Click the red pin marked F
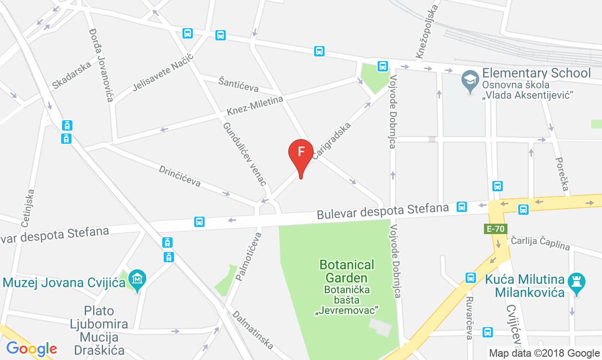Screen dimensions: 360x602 301,153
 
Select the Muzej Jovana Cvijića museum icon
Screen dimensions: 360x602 137,279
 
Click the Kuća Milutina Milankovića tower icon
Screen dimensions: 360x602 574,282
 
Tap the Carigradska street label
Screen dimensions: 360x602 332,141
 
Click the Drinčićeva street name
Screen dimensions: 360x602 180,176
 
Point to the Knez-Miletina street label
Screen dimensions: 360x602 255,106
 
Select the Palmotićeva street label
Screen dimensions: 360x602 247,256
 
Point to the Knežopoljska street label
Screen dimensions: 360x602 426,30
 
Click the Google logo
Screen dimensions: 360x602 32,349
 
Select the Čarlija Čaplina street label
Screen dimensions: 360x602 540,243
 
